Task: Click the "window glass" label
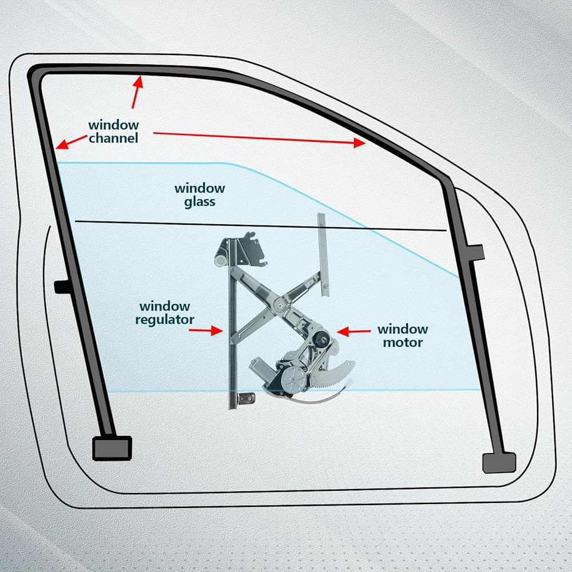(200, 194)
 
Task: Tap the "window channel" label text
(113, 131)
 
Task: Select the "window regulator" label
(165, 313)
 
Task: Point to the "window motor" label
(402, 336)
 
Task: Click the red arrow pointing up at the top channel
(136, 92)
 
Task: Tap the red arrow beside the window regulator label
(205, 330)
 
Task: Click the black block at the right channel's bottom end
(499, 462)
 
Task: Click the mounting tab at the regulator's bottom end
(247, 397)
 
